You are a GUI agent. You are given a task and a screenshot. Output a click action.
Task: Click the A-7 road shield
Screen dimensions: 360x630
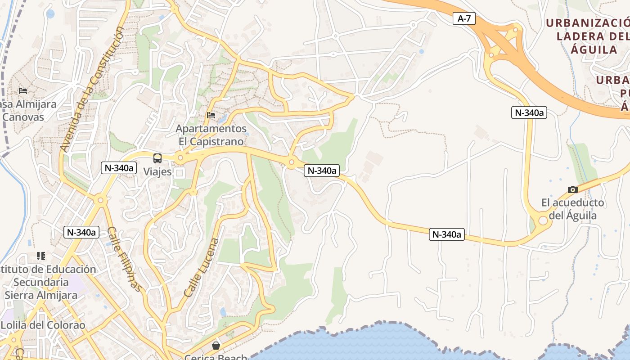point(463,18)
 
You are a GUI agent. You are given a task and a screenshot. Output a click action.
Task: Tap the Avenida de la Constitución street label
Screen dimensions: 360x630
point(92,89)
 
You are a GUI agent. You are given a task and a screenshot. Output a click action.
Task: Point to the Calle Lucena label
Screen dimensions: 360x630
point(201,267)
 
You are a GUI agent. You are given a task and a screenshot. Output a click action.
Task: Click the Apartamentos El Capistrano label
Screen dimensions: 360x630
point(211,135)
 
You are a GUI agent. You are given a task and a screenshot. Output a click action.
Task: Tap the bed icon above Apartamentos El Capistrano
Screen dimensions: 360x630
point(211,115)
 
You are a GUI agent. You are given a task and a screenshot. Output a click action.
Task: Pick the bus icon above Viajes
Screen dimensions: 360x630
point(157,158)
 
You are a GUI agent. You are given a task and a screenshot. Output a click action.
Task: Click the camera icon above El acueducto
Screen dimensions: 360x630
point(572,189)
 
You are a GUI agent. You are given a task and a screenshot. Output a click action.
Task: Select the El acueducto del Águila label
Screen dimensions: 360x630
point(572,209)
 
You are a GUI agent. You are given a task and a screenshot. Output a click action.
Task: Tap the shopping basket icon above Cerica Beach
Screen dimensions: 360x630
point(216,345)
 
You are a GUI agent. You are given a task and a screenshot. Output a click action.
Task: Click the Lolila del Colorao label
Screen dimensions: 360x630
point(43,325)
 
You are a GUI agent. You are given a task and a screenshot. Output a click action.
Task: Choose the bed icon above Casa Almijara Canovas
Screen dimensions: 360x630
point(23,91)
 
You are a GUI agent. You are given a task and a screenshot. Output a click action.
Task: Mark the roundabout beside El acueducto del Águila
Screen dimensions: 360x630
point(543,220)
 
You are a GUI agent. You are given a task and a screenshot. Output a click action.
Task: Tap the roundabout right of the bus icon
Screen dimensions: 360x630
point(180,158)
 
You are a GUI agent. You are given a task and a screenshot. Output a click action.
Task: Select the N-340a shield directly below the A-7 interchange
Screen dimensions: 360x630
point(529,112)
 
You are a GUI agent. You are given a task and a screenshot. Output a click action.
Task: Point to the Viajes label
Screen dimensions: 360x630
point(157,171)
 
